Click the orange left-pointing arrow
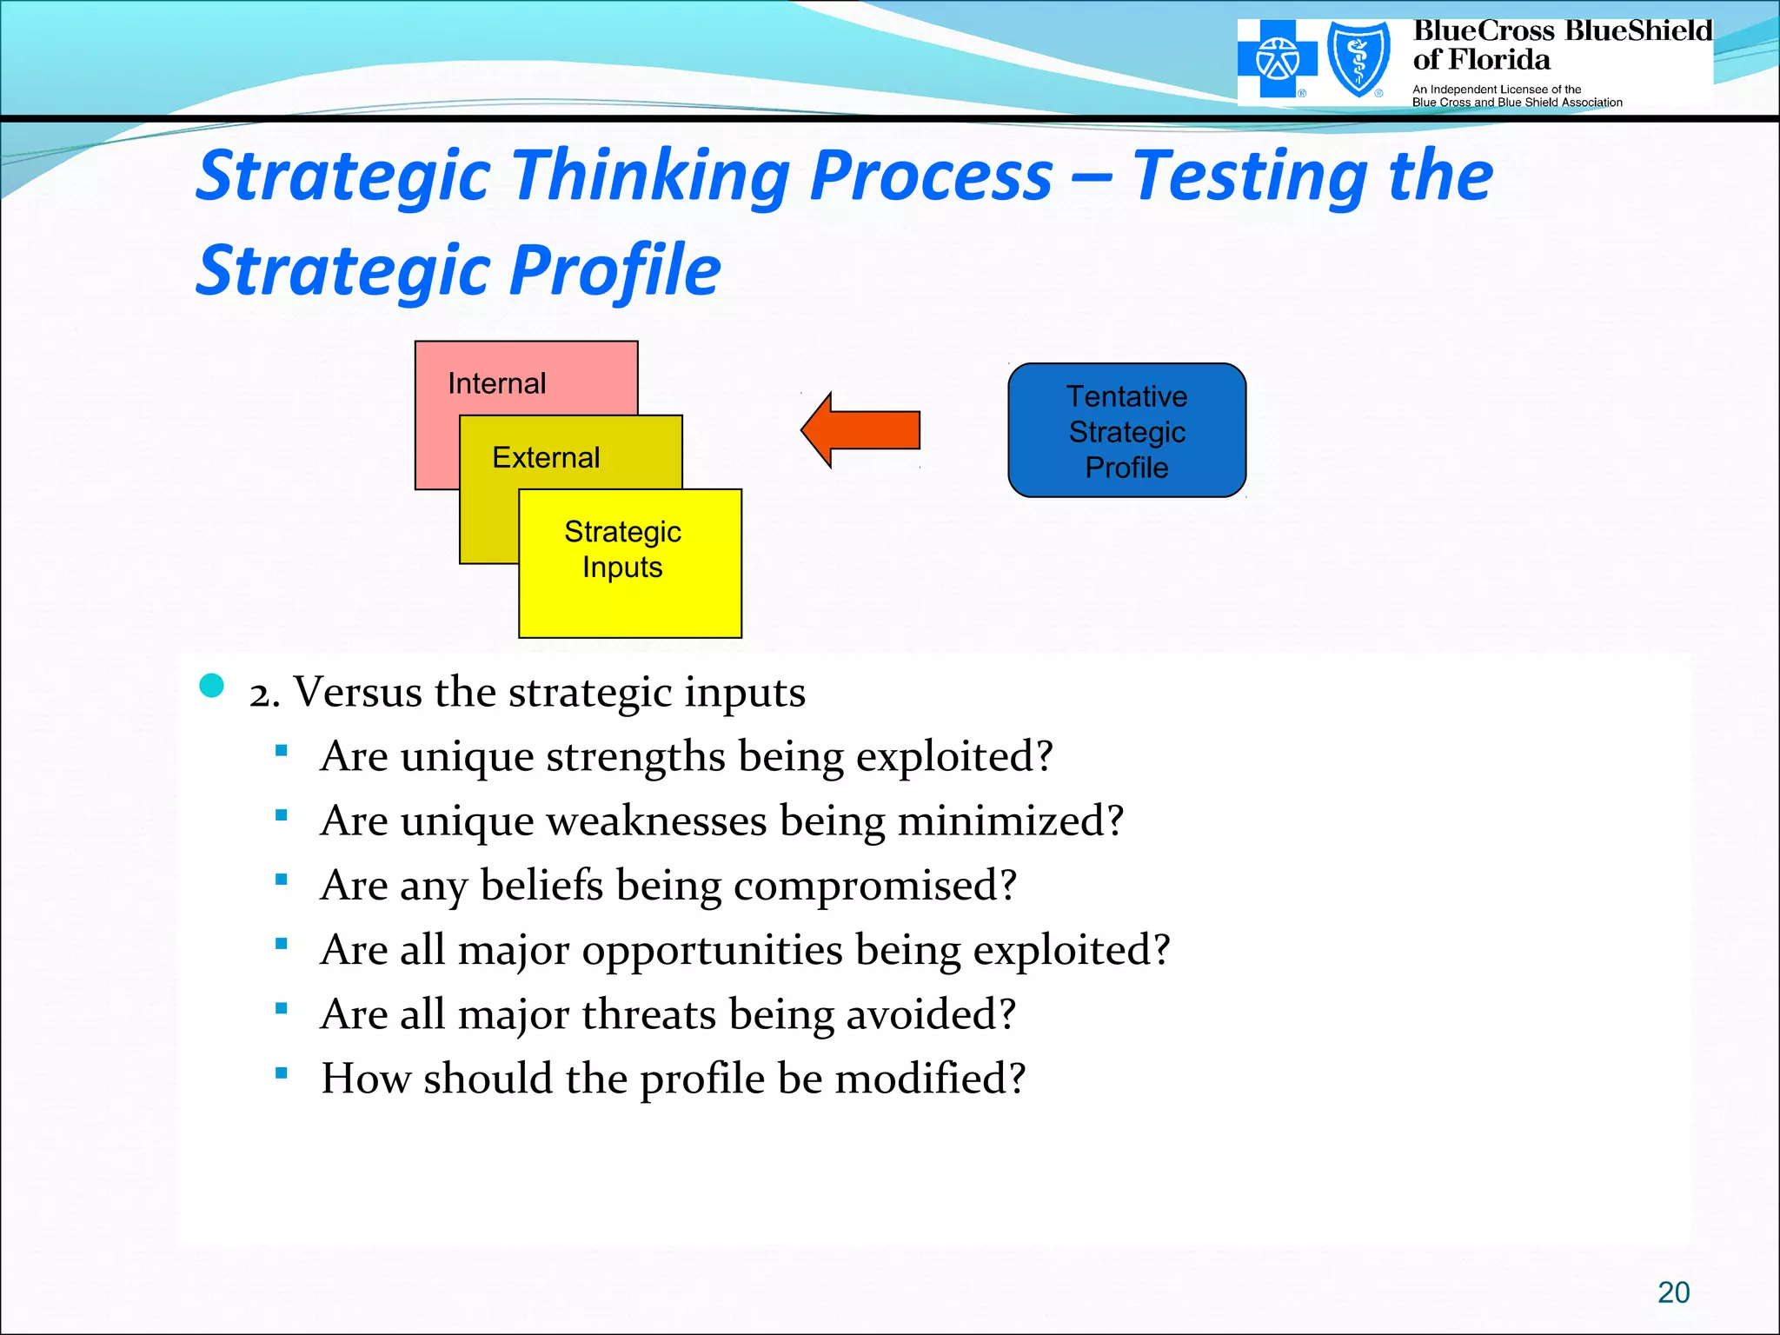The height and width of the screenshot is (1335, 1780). pos(860,429)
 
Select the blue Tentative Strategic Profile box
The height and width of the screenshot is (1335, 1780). pos(1126,431)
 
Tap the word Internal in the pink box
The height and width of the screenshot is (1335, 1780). pos(496,383)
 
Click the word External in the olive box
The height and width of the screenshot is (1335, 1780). pos(546,457)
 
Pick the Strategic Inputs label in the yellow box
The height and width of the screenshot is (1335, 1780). pos(622,549)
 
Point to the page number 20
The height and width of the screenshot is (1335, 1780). pos(1673,1292)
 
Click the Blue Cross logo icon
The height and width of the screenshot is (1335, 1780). pos(1277,60)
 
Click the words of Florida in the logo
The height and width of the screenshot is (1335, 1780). pos(1481,60)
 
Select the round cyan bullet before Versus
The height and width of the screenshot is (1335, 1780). pos(211,686)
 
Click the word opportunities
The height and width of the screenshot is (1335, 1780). pos(712,950)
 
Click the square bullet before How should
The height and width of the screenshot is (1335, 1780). pos(281,1073)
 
